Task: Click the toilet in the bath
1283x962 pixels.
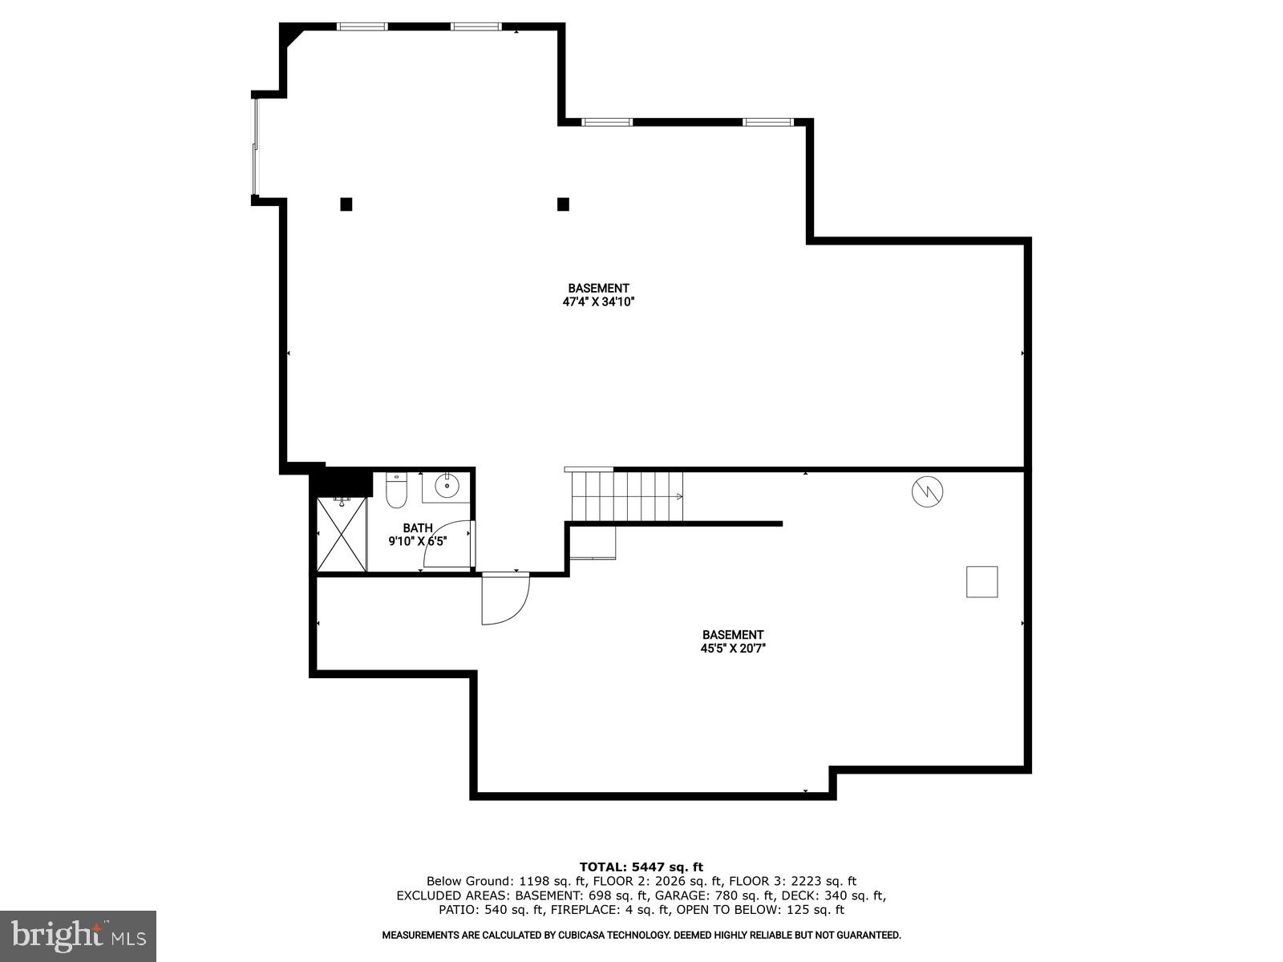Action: pos(397,491)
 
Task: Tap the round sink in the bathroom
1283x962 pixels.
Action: pos(447,486)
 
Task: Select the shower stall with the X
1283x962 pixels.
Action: pos(342,535)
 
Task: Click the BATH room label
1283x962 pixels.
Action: pos(417,527)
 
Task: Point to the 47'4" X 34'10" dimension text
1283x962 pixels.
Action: pos(598,302)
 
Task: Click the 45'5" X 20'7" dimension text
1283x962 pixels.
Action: pos(733,649)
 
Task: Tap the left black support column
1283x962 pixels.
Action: pos(346,204)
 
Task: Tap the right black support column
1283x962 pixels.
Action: pos(563,204)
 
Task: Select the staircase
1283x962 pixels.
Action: pos(626,496)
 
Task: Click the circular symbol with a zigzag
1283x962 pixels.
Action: pos(928,491)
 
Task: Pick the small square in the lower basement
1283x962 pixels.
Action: pos(981,581)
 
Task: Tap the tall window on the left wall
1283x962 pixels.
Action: pos(256,146)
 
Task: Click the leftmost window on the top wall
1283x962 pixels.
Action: pos(362,26)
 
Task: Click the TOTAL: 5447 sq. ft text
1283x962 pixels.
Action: pos(641,867)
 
